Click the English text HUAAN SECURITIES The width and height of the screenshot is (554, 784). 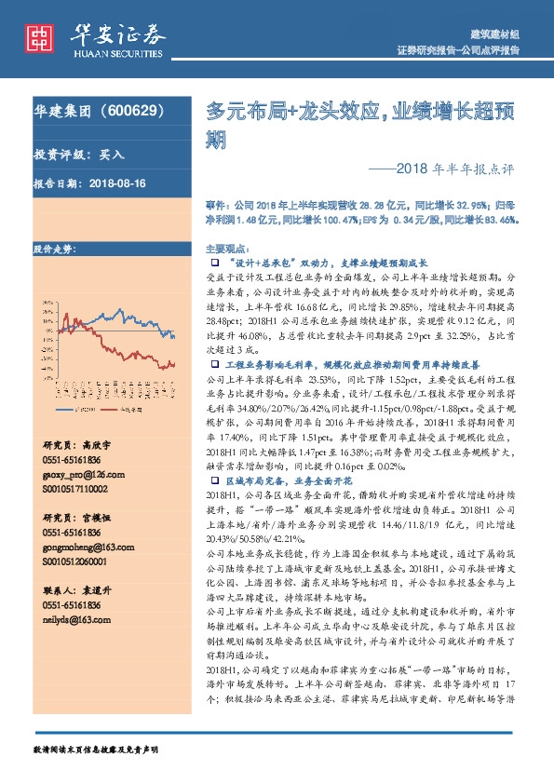click(x=114, y=52)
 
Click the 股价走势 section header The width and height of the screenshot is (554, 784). click(x=53, y=250)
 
